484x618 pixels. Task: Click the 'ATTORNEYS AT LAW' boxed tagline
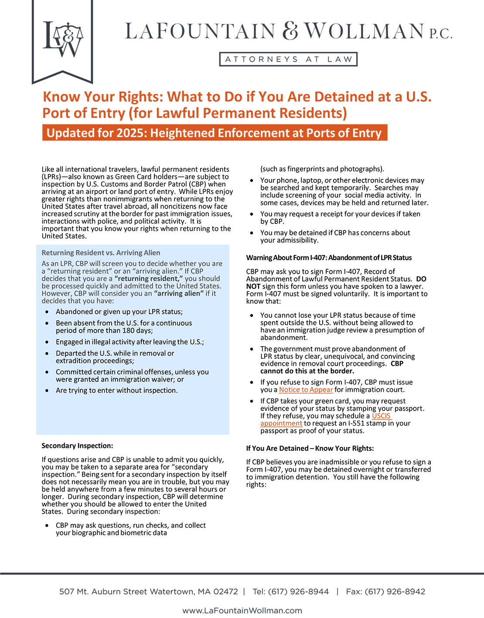(288, 59)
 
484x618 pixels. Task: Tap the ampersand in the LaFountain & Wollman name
(290, 31)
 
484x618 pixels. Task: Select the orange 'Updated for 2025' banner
(214, 133)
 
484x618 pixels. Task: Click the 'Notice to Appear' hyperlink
(306, 390)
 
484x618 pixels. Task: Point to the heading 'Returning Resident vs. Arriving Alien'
(101, 253)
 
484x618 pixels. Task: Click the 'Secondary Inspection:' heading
(77, 446)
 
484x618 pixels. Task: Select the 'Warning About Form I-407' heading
(329, 257)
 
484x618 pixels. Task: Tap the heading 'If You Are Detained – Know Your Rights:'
(310, 448)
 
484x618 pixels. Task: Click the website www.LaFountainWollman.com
(242, 611)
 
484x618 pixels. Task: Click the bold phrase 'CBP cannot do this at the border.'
(307, 371)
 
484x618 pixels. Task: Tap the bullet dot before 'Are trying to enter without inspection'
(47, 391)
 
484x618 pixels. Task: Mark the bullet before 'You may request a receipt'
(252, 214)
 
